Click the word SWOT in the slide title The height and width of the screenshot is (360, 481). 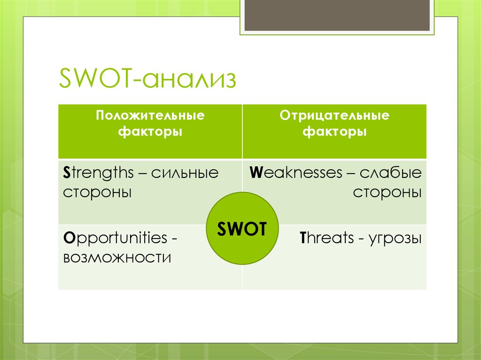[95, 78]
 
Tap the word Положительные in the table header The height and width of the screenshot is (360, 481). [150, 115]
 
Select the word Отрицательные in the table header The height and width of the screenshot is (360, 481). [334, 115]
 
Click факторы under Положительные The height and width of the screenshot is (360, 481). [150, 132]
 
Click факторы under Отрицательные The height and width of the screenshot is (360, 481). [334, 132]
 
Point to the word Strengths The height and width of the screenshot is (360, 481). [98, 173]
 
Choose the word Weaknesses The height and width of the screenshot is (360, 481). [296, 173]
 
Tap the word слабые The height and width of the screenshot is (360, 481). [390, 173]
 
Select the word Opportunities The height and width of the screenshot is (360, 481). [115, 238]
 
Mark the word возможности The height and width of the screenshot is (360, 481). [117, 258]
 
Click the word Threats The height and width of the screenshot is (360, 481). [327, 238]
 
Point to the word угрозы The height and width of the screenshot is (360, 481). [395, 239]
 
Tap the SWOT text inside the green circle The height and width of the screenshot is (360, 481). [242, 229]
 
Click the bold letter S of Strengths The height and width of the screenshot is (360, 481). [67, 173]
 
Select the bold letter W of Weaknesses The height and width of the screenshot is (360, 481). [256, 173]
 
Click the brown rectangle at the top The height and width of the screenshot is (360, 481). [337, 15]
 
